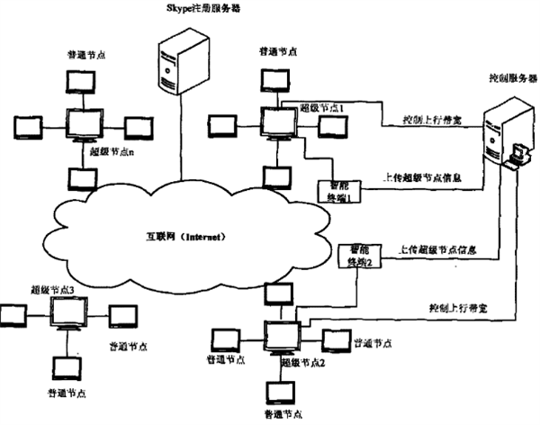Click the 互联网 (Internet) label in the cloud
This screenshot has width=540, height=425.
pos(184,237)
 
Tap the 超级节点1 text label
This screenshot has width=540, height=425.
pos(322,107)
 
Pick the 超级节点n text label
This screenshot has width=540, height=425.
pos(112,151)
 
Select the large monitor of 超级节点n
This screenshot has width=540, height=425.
pos(87,123)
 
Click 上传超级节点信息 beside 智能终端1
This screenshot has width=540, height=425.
pos(415,178)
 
